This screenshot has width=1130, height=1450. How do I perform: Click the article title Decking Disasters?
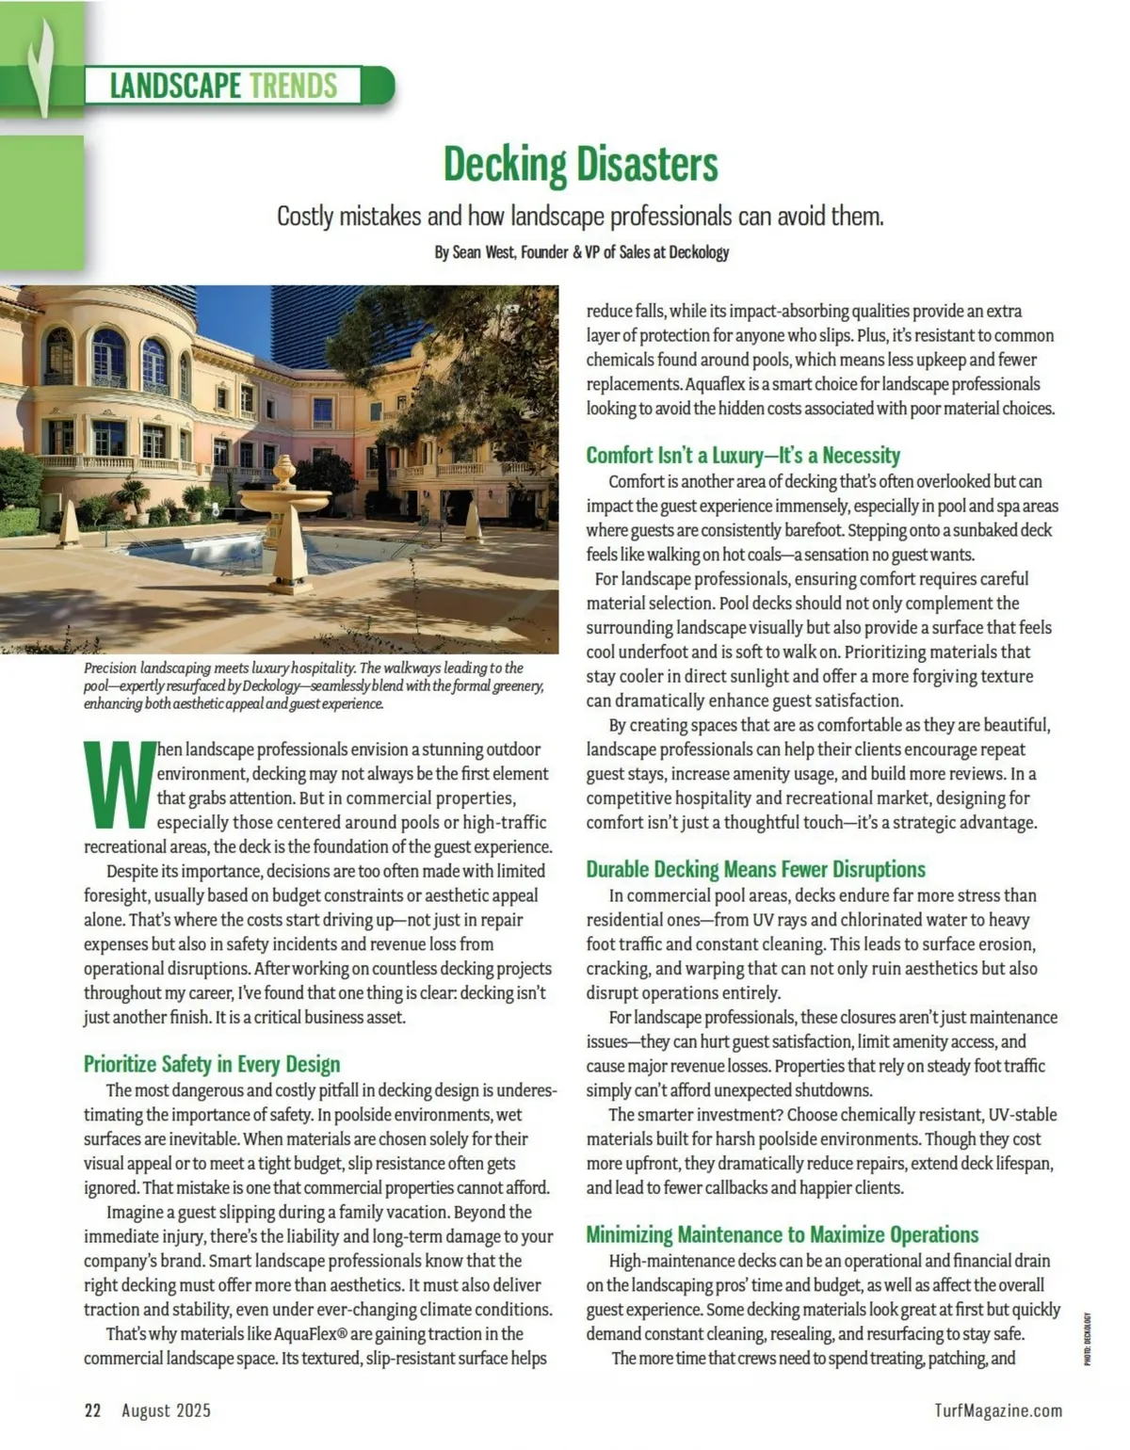click(x=580, y=164)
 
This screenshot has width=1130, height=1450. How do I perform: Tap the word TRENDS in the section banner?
click(x=293, y=86)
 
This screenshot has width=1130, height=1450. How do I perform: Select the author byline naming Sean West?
click(x=581, y=252)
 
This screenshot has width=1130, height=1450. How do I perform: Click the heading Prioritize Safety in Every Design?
click(x=212, y=1064)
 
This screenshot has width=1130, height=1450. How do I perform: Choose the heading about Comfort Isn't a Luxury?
click(x=743, y=456)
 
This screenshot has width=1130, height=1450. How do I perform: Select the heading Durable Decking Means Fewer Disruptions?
click(x=755, y=869)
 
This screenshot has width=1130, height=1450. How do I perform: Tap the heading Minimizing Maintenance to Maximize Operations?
click(x=782, y=1234)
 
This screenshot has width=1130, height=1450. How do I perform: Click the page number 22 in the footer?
click(x=92, y=1410)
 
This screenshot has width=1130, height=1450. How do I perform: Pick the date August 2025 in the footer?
click(x=166, y=1410)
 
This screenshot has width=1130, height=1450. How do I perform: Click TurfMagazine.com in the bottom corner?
click(x=998, y=1410)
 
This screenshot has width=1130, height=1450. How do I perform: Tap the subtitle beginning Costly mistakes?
click(x=580, y=217)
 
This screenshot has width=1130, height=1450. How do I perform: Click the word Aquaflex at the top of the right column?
click(x=716, y=384)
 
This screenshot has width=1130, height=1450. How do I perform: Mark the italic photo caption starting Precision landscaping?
click(x=314, y=685)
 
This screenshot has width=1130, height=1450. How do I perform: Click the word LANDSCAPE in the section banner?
click(x=175, y=86)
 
